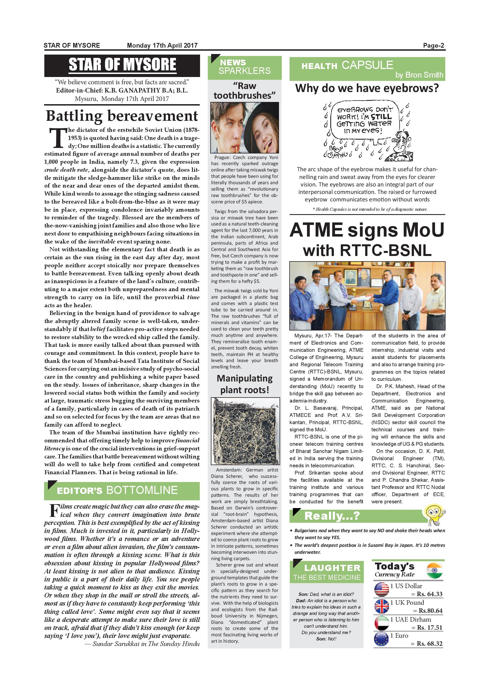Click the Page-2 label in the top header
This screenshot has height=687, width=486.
point(433,45)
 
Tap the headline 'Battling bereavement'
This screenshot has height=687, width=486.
point(122,116)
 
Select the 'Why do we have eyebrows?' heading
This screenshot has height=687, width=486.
point(367,89)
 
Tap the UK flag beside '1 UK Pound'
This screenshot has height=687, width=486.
point(381,606)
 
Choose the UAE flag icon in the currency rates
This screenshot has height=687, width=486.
point(381,623)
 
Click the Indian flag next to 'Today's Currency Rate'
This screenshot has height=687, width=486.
point(435,570)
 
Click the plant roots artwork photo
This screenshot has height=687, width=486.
point(245,431)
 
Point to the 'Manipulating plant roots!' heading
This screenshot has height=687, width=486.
point(245,384)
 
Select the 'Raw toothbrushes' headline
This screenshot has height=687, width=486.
point(244,91)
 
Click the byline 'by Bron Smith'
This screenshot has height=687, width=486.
point(419,75)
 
